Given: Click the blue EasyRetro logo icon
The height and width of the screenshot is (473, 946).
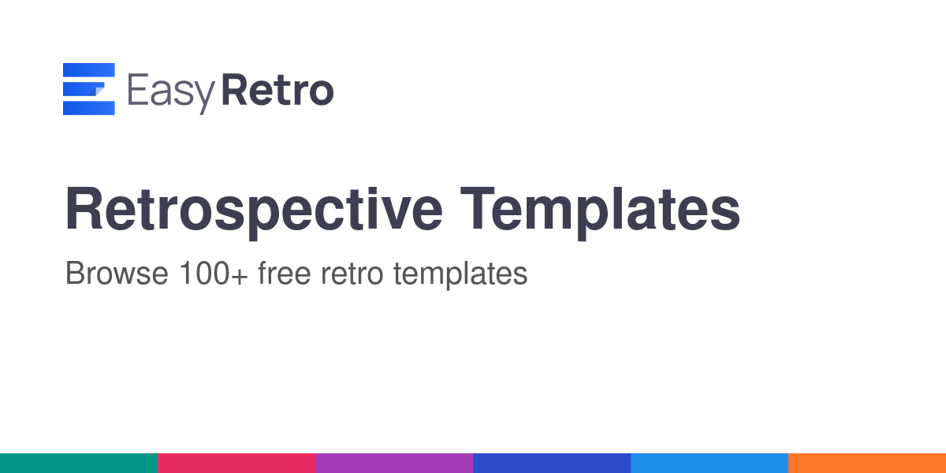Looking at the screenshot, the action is tap(88, 88).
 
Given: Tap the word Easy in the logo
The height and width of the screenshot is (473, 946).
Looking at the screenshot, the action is tap(172, 93).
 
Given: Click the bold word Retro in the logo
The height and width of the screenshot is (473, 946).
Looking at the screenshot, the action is tap(277, 90).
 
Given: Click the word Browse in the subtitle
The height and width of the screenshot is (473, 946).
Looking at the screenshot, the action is tap(117, 274).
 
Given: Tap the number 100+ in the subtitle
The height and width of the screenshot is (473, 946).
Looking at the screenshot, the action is tap(214, 274).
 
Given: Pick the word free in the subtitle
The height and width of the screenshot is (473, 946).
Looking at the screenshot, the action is tap(285, 273).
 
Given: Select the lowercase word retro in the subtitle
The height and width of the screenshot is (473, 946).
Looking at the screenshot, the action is tap(352, 274).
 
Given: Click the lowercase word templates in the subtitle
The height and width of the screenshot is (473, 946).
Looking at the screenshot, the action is tap(460, 275).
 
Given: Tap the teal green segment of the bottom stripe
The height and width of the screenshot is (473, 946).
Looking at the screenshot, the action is tap(79, 464).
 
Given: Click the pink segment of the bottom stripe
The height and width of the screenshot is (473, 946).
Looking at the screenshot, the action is tap(236, 464).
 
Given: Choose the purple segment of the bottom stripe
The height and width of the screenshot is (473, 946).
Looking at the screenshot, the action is tap(394, 464).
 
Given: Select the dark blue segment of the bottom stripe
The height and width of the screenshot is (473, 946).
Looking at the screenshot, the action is tap(552, 464).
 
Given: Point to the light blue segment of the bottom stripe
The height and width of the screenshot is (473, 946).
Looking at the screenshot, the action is tap(709, 464).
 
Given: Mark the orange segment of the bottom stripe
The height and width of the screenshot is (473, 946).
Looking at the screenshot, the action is tap(867, 464).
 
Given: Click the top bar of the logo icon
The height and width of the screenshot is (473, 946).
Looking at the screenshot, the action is tap(88, 70).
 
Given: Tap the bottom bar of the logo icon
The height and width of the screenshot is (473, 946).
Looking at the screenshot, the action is tap(88, 108).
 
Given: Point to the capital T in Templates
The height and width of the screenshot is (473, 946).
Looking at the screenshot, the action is tap(477, 209).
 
